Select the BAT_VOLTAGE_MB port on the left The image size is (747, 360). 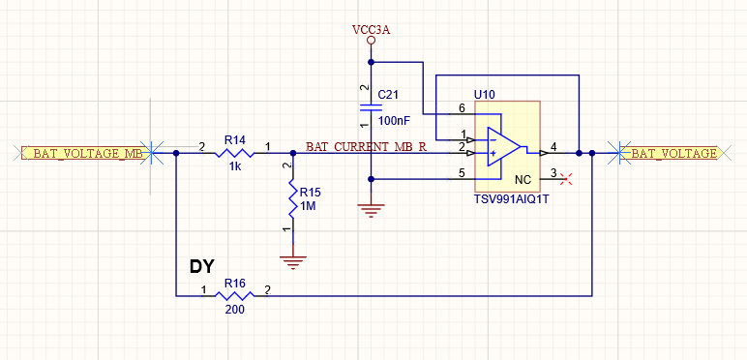click(x=83, y=153)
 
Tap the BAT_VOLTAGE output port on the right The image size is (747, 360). click(x=673, y=153)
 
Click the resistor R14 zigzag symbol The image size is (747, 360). click(x=234, y=153)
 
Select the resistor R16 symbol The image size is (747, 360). click(x=234, y=295)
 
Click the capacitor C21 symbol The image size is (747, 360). click(x=371, y=106)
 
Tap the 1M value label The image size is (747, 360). click(x=308, y=207)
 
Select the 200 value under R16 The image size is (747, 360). click(x=234, y=311)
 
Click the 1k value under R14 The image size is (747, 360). click(x=234, y=167)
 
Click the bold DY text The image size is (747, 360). click(x=201, y=265)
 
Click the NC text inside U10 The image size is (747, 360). click(x=523, y=180)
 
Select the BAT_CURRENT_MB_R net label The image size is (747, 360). click(x=366, y=147)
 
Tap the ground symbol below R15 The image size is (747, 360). click(x=291, y=259)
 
